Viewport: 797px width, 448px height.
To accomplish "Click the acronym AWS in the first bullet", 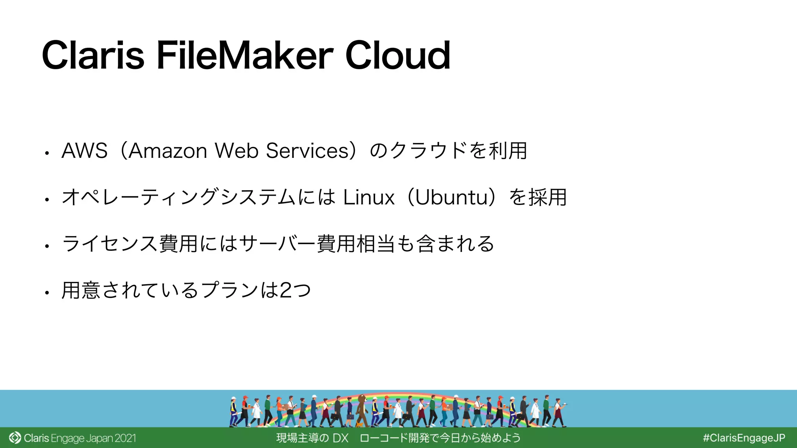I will coord(84,151).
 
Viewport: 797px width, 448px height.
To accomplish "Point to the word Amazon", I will coord(168,151).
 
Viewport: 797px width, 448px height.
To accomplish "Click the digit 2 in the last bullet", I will coord(285,290).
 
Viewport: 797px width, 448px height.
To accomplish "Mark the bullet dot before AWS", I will coord(47,153).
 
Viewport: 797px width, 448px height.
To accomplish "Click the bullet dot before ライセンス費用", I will coord(47,246).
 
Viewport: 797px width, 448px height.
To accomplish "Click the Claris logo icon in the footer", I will coord(15,438).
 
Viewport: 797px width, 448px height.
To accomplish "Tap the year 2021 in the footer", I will coord(125,438).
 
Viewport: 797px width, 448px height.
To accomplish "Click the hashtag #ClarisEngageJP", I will coord(744,438).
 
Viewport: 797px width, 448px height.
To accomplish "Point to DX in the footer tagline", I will coord(341,438).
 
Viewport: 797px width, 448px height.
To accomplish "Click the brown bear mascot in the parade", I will coord(362,408).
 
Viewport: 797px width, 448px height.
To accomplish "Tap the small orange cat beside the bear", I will coord(360,424).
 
